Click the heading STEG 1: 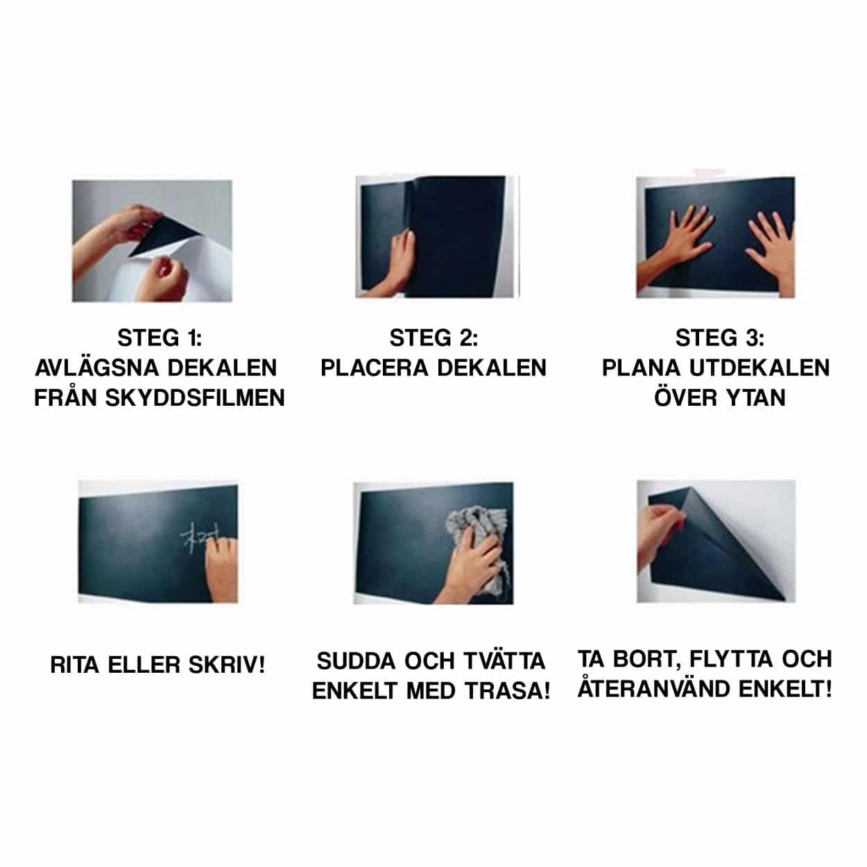tap(160, 338)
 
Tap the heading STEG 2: tap(433, 338)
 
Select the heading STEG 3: tap(720, 338)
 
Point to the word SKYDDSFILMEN tap(195, 397)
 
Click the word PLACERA tap(375, 368)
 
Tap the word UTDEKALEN tap(759, 368)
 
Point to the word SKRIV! tap(227, 665)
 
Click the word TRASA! tap(507, 691)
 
